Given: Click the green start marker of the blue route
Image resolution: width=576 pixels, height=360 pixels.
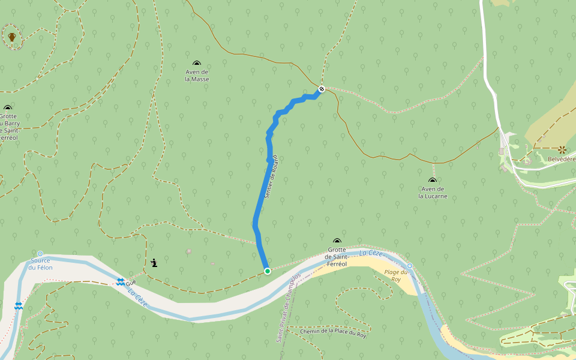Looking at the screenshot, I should point(267,271).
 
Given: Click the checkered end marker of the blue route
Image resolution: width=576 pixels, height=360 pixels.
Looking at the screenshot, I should point(322,89).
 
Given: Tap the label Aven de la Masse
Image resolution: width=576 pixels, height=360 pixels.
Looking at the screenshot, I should point(197,75).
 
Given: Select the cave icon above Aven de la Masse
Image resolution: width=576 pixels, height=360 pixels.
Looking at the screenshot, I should point(197,63).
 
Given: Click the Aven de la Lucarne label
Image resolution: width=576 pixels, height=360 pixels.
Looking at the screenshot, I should point(433,192).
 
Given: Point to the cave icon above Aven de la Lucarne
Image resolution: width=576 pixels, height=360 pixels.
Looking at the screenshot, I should point(433,180).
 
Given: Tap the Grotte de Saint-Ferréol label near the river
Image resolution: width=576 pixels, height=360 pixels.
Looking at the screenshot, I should point(337,257).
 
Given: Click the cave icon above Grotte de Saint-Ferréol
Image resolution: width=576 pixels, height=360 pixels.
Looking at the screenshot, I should point(337,241).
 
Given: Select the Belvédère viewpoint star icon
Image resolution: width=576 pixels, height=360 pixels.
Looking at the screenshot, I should point(562,149).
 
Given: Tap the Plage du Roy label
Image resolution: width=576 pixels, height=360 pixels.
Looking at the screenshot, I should point(396,275).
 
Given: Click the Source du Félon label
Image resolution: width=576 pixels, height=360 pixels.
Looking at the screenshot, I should point(41,263).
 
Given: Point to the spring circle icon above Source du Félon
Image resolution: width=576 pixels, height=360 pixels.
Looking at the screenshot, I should point(40,254).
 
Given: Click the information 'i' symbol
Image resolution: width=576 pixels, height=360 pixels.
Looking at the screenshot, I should point(155,263).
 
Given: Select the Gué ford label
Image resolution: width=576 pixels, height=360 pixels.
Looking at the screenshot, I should point(131,281).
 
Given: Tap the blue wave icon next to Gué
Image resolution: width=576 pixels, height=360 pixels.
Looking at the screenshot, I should point(121,281).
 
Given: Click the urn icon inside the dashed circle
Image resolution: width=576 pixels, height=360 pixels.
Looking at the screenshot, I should point(12,37).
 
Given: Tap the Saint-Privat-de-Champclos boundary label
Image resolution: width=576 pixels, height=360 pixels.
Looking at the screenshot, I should point(288,308).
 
